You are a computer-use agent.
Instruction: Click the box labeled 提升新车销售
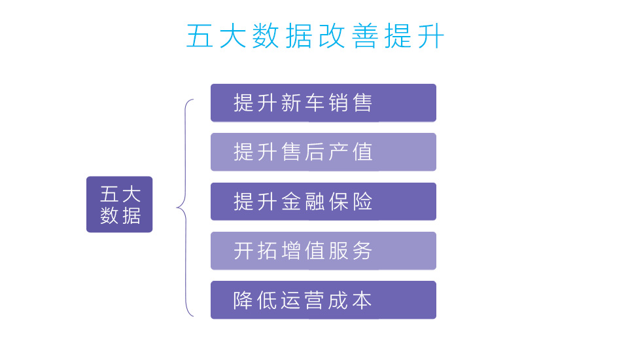point(323,103)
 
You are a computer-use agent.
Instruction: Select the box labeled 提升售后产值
point(323,152)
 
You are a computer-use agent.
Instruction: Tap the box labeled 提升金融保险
point(323,201)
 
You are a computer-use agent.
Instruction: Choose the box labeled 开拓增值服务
point(323,251)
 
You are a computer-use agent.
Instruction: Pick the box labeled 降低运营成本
point(323,300)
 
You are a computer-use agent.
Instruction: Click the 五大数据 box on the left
point(119,204)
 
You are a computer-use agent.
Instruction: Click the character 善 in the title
point(365,36)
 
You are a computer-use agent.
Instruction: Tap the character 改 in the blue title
point(332,36)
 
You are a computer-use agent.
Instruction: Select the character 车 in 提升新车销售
point(315,103)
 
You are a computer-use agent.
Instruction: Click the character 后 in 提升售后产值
point(315,152)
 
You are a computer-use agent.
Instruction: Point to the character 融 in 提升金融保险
point(315,201)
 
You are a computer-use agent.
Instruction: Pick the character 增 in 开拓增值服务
point(291,251)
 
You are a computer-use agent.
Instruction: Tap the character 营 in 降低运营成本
point(315,300)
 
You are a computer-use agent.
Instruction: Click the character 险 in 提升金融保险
point(362,201)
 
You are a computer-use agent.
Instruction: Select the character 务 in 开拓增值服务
point(362,251)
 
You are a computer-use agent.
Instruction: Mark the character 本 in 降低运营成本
point(362,300)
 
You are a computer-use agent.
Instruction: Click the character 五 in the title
point(200,36)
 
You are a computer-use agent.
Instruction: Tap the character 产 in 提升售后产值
point(338,152)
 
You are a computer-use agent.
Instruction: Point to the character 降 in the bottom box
point(243,300)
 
